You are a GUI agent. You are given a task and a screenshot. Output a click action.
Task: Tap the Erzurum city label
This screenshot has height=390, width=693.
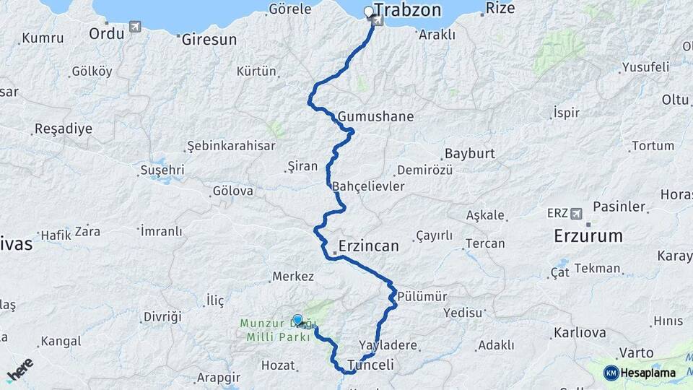pos(588,235)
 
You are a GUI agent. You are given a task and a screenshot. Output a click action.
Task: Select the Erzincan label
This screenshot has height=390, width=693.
pos(368,246)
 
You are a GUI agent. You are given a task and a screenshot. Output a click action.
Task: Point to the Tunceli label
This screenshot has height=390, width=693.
pos(370,365)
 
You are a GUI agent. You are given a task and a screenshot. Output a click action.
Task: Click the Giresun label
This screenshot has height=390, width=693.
pos(209,40)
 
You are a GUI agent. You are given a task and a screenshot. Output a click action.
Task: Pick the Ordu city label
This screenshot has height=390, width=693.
pos(106,32)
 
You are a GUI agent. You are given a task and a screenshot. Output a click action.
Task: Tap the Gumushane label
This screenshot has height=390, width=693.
pos(375,116)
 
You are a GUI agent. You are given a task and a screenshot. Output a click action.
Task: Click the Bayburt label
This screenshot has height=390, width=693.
pos(469,154)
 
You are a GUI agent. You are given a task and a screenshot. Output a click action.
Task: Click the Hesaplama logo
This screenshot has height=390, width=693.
pos(640,373)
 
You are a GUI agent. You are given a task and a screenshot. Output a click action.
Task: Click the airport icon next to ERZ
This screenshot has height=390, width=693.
pos(576,214)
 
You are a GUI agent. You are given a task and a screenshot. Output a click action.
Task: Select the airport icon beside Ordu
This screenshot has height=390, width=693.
pos(134,27)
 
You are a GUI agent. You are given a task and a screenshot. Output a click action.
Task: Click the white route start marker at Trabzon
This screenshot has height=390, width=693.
pos(369,12)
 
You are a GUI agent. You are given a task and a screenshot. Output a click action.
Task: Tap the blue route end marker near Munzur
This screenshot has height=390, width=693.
pos(297,319)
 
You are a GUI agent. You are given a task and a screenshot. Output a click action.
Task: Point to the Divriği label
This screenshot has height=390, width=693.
pos(162,316)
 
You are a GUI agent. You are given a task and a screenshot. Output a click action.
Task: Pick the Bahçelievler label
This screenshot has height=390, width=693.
pos(368,186)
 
